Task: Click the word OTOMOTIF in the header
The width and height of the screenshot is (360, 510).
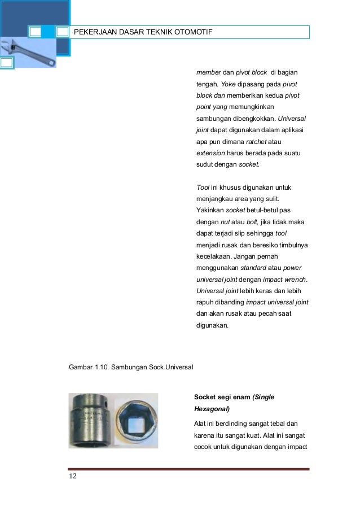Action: [x=192, y=32]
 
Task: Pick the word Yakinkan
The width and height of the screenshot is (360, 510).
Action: [x=209, y=210]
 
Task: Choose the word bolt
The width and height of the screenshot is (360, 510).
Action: [x=254, y=221]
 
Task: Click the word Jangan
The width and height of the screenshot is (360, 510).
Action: [x=260, y=256]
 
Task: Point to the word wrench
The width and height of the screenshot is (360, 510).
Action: [x=302, y=279]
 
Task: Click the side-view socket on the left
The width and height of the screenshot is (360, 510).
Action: [x=92, y=420]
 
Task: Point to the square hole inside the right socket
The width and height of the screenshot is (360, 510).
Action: [x=136, y=421]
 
